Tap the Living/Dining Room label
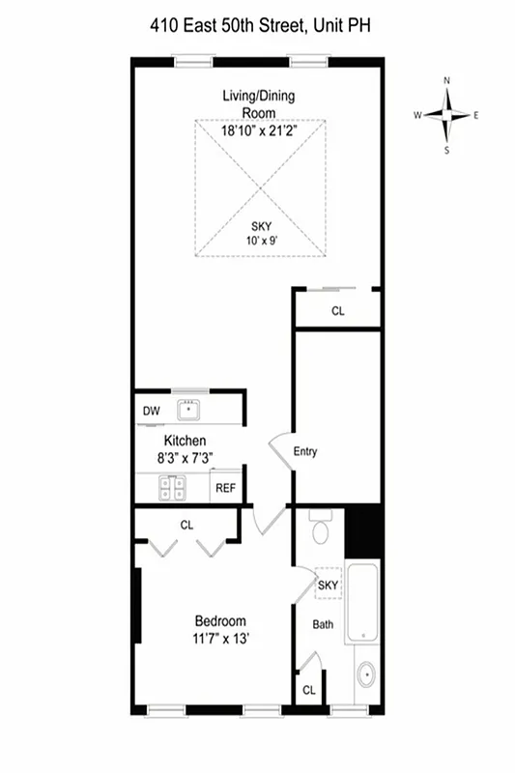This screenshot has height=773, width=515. tap(258, 101)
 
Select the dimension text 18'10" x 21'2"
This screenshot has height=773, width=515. tap(259, 129)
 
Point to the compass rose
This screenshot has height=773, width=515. tap(446, 115)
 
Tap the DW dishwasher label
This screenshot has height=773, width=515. tap(151, 411)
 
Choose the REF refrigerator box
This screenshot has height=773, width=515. tap(225, 488)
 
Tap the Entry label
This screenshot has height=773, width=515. tap(305, 451)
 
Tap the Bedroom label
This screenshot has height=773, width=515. tap(219, 621)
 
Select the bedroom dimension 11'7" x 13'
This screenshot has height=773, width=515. tap(219, 639)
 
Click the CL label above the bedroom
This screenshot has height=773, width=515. tap(186, 527)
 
